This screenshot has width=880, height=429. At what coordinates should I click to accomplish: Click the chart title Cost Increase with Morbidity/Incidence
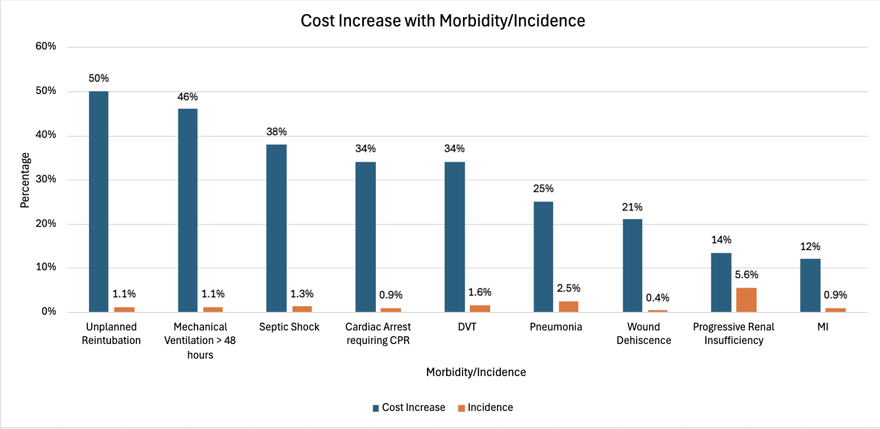[x=442, y=21]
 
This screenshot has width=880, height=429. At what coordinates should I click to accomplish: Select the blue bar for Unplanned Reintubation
[x=99, y=202]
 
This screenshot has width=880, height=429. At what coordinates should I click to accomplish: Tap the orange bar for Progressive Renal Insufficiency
[x=746, y=300]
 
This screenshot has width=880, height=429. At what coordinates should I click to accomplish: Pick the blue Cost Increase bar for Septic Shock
[x=277, y=228]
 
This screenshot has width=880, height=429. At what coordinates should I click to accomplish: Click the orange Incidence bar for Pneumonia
[x=568, y=306]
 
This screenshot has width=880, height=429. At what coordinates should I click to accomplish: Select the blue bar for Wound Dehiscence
[x=633, y=265]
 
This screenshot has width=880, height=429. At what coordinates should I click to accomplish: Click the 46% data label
[x=188, y=97]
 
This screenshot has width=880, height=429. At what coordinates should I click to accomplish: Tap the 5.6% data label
[x=747, y=275]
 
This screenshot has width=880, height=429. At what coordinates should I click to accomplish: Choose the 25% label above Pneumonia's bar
[x=543, y=189]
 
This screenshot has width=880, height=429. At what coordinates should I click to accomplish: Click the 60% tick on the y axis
[x=46, y=47]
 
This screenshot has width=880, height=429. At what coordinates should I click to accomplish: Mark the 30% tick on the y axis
[x=46, y=180]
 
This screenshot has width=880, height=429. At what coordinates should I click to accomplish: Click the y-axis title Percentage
[x=25, y=180]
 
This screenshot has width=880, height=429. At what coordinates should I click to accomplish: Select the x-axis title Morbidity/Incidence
[x=476, y=372]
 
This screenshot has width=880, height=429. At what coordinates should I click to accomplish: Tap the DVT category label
[x=455, y=327]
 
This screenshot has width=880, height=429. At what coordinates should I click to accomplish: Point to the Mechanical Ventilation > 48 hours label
[x=201, y=341]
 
